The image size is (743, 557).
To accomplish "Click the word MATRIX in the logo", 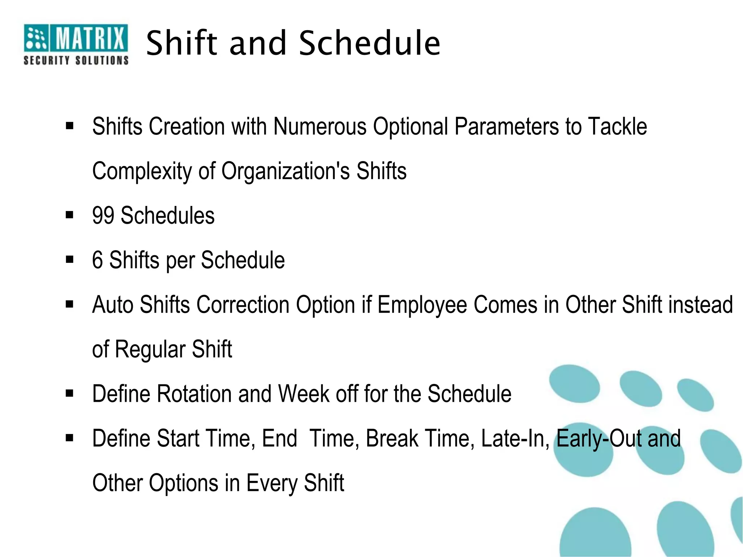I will pyautogui.click(x=90, y=38).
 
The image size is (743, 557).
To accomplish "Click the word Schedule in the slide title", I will pyautogui.click(x=369, y=44).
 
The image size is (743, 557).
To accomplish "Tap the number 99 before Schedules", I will pyautogui.click(x=103, y=215).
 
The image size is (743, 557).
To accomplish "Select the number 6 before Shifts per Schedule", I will pyautogui.click(x=97, y=260).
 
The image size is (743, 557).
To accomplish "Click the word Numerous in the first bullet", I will pyautogui.click(x=320, y=127).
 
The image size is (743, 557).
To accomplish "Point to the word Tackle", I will pyautogui.click(x=617, y=127).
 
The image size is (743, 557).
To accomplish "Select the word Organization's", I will pyautogui.click(x=286, y=171).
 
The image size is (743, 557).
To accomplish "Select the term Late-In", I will pyautogui.click(x=514, y=438).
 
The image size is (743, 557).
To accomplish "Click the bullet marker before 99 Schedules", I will pyautogui.click(x=70, y=215).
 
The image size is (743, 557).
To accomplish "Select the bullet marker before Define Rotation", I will pyautogui.click(x=70, y=393).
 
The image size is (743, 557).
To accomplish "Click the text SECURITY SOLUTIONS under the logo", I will pyautogui.click(x=76, y=60).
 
